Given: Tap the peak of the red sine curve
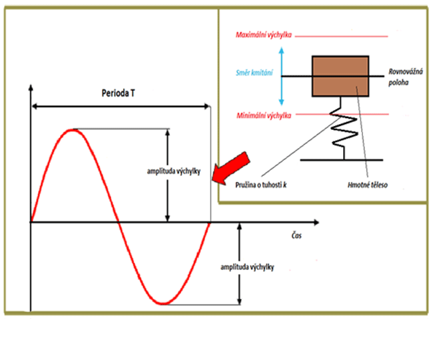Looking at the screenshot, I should pyautogui.click(x=73, y=129).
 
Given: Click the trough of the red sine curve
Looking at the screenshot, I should pyautogui.click(x=165, y=304).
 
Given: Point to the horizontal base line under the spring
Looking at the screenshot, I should pyautogui.click(x=341, y=160).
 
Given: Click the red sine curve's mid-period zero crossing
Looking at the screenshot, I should pyautogui.click(x=120, y=221).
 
